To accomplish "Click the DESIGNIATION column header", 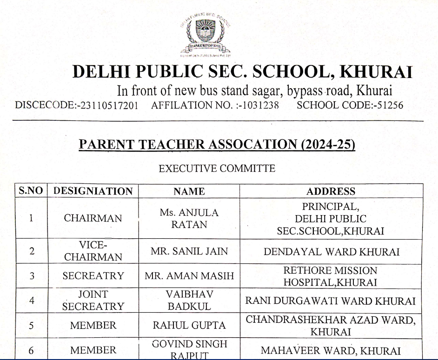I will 93,191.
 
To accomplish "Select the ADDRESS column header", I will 331,191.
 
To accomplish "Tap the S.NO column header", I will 32,191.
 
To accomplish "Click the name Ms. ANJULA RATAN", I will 189,219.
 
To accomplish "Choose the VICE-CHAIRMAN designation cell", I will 93,251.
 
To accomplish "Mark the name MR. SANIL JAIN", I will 189,251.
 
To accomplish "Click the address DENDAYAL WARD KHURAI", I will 331,251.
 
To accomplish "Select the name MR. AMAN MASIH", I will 189,275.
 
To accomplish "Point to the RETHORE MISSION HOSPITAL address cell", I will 331,275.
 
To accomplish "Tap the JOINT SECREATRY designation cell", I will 93,300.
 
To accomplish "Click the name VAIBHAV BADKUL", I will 189,300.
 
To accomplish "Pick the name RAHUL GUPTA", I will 189,325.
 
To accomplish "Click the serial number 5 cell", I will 32,325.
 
